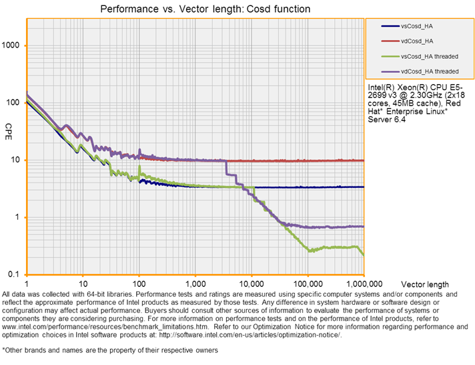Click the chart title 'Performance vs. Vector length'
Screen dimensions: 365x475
(x=205, y=9)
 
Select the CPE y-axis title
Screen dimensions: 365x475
(x=9, y=127)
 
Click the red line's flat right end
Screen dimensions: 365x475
(x=360, y=160)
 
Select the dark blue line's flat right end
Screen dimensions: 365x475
(x=360, y=187)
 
